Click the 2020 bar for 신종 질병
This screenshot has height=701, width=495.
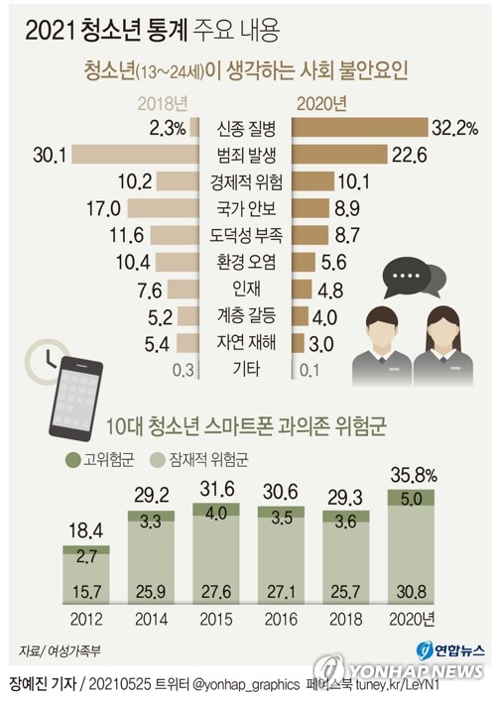tap(360, 128)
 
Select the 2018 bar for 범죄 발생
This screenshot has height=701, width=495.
tap(136, 155)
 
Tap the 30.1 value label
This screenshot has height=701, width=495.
tap(50, 155)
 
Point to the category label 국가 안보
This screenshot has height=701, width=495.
tap(246, 208)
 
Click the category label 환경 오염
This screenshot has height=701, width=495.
tap(246, 262)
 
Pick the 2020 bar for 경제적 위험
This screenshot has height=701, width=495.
tap(313, 181)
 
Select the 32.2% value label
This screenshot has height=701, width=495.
tap(454, 128)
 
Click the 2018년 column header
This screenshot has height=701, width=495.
tap(163, 103)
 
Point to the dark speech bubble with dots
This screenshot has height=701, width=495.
tap(405, 277)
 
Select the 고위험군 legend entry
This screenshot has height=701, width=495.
tap(100, 460)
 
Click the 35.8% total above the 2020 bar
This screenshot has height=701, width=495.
tap(414, 476)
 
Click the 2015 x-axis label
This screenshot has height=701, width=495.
tap(216, 619)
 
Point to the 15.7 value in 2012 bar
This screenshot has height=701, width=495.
tap(86, 592)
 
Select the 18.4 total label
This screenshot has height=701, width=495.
tap(86, 530)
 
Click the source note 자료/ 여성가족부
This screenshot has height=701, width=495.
tap(60, 650)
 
